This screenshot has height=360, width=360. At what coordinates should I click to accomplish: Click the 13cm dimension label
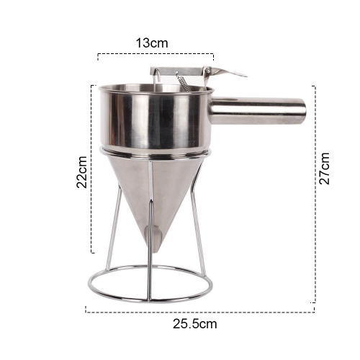click(152, 43)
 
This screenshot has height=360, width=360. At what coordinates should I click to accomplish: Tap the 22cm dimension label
click(81, 172)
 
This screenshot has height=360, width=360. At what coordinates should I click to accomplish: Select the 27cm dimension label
click(324, 168)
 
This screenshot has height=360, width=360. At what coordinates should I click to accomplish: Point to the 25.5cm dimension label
click(195, 324)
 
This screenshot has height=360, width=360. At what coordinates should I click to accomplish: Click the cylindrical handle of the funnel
click(258, 111)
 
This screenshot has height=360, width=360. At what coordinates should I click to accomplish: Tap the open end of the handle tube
click(303, 111)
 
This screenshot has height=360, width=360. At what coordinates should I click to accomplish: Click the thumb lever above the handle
click(228, 72)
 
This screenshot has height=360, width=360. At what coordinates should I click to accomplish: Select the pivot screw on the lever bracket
click(208, 71)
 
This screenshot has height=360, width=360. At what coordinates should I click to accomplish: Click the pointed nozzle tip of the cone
click(156, 250)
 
